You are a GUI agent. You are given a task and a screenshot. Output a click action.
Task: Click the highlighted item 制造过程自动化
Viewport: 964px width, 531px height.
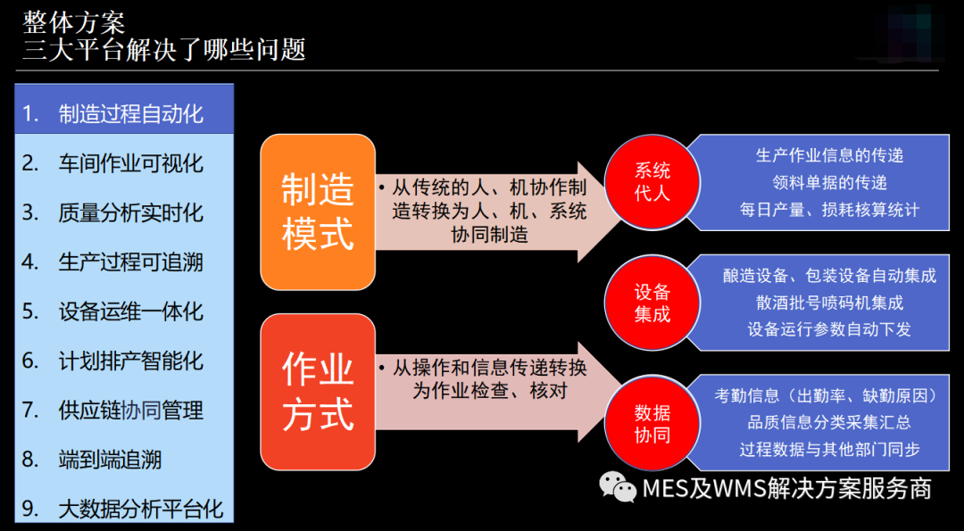(124, 114)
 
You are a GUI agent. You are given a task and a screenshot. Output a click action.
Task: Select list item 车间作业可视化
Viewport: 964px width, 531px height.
(124, 163)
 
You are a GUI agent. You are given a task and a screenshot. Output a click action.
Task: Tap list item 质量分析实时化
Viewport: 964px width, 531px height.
(124, 212)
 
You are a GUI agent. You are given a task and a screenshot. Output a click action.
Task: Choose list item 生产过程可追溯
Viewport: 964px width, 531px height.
(124, 261)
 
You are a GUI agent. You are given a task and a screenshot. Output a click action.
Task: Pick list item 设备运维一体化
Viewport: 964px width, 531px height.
(124, 311)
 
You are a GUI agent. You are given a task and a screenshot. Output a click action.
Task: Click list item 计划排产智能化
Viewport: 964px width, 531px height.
(124, 361)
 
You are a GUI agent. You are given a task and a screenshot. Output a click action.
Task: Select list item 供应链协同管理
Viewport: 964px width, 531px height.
(124, 410)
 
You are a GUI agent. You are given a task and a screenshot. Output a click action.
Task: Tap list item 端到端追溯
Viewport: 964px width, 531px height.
(124, 460)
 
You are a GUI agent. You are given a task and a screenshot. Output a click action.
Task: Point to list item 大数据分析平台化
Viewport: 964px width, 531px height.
(124, 509)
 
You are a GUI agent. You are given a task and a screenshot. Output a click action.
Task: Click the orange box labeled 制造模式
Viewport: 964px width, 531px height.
(318, 212)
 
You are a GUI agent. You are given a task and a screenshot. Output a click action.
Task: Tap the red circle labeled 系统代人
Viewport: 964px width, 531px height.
(652, 182)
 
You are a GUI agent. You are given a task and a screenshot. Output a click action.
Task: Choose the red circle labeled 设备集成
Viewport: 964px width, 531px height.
(652, 303)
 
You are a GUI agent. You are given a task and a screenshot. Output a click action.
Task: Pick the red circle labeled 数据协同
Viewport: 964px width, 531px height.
(652, 423)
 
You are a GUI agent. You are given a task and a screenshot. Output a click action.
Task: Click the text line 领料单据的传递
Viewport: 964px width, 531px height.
(829, 183)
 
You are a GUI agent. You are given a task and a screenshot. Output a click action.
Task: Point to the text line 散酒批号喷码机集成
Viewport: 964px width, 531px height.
(829, 303)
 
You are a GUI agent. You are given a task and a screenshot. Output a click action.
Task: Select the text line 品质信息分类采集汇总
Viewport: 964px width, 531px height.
(829, 422)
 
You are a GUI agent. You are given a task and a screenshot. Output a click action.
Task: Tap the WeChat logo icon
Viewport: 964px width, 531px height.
(618, 487)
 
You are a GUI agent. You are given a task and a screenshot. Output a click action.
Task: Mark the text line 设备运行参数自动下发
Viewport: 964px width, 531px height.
(829, 329)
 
